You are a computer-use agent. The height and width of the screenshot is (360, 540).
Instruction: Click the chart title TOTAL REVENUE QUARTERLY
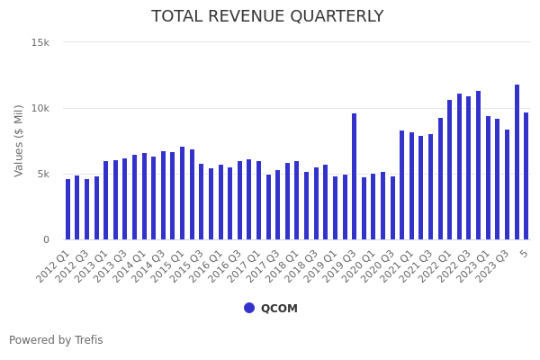coord(267,16)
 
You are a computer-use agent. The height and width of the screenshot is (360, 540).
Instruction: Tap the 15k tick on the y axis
coord(40,42)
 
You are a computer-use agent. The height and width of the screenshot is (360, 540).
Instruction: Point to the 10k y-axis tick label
coord(40,108)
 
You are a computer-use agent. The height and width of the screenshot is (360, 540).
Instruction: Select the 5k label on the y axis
coord(42,174)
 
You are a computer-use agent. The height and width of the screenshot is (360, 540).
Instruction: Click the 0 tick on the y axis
coord(46,239)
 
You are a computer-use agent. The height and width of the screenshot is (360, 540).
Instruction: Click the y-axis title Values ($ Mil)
coord(19,140)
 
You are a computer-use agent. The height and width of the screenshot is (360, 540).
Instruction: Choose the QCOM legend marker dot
coord(249,308)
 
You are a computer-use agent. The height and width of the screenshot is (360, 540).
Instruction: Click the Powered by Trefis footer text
coord(56,340)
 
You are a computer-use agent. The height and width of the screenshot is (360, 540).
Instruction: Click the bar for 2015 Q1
coord(183,193)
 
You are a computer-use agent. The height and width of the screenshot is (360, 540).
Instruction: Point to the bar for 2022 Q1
coord(450,170)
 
